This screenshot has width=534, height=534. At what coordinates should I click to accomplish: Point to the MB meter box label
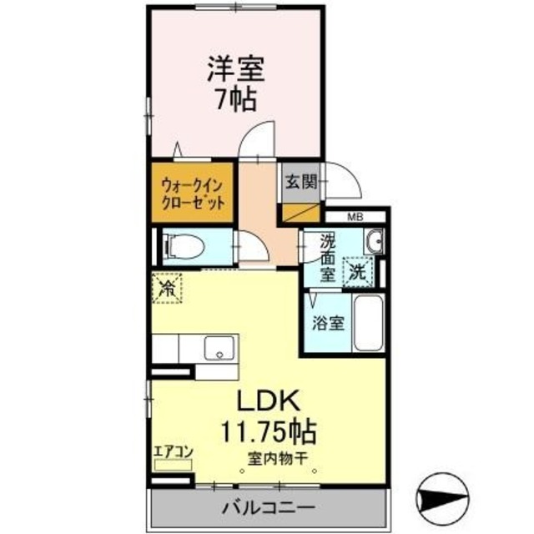pyautogui.click(x=355, y=218)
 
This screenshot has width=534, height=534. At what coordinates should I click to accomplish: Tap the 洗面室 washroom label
pyautogui.click(x=326, y=256)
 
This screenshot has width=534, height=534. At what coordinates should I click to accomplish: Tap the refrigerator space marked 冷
pyautogui.click(x=167, y=290)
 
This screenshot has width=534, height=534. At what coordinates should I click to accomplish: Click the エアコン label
pyautogui.click(x=174, y=453)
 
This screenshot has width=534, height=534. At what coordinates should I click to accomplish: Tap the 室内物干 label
pyautogui.click(x=277, y=458)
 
